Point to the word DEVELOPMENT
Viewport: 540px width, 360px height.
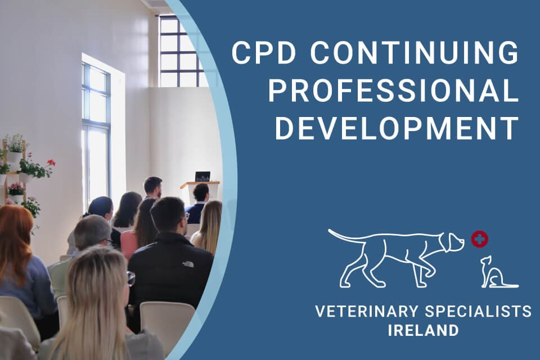click(397, 129)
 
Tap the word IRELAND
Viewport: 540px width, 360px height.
click(423, 330)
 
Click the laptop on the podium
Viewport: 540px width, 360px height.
click(202, 177)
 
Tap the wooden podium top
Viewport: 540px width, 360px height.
click(200, 183)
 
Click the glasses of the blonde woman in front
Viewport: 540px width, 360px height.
click(130, 278)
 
